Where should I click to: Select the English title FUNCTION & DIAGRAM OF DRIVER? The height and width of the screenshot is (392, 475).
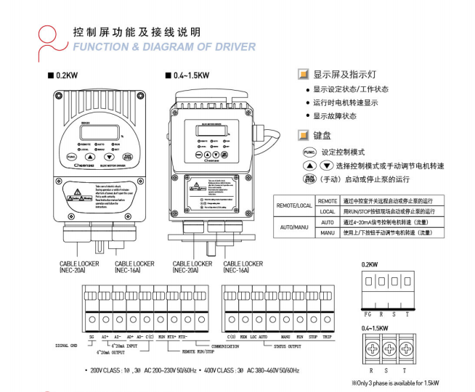[x=164, y=47]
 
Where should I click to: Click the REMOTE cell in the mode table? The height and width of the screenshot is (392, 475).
[x=327, y=200]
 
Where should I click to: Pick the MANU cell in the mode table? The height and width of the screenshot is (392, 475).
[x=327, y=232]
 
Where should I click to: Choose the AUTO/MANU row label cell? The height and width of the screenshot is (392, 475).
[x=293, y=227]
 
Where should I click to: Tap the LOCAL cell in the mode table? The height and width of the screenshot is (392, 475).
[x=327, y=211]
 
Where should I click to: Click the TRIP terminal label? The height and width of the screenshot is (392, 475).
[x=328, y=337]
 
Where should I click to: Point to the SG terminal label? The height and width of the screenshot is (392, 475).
[x=92, y=337]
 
